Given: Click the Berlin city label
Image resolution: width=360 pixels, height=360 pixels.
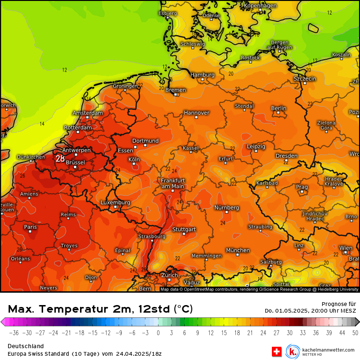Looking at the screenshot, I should tap(279, 108).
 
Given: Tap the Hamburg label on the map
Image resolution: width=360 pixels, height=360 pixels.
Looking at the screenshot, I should tap(202, 75).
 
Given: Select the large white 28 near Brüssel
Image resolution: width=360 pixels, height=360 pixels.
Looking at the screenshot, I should tap(60, 159).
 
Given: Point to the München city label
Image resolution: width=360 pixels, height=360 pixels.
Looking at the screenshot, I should tap(238, 250).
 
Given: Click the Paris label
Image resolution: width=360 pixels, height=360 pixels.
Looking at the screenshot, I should tap(30, 227).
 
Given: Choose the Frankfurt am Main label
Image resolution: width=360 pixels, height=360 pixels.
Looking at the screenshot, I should tap(172, 183).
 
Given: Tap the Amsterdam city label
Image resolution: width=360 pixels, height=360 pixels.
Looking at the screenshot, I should tap(88, 113).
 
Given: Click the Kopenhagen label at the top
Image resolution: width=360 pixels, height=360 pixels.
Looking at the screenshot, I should tap(260, 6).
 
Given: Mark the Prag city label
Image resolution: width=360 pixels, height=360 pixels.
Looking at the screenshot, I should tap(302, 187).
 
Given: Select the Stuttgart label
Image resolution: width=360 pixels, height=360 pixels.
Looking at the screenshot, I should tap(184, 229).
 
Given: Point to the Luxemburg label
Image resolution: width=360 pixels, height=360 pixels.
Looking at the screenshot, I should tap(115, 203).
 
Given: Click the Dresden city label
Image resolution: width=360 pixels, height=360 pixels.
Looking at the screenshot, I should tap(287, 155).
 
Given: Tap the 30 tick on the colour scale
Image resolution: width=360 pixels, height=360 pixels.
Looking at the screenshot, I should tap(289, 333).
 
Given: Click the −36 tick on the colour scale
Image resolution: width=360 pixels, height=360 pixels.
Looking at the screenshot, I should tap(14, 333).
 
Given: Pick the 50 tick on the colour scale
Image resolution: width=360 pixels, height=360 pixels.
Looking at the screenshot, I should tap(355, 333).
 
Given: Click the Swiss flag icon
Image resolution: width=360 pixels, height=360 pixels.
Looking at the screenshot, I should tap(277, 351).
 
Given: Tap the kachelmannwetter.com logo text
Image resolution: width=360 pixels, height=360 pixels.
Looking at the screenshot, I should tap(328, 350).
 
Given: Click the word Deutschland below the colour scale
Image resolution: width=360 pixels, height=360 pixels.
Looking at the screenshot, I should tap(26, 346).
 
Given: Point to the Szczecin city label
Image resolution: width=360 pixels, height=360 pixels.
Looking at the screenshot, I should tap(305, 78).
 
